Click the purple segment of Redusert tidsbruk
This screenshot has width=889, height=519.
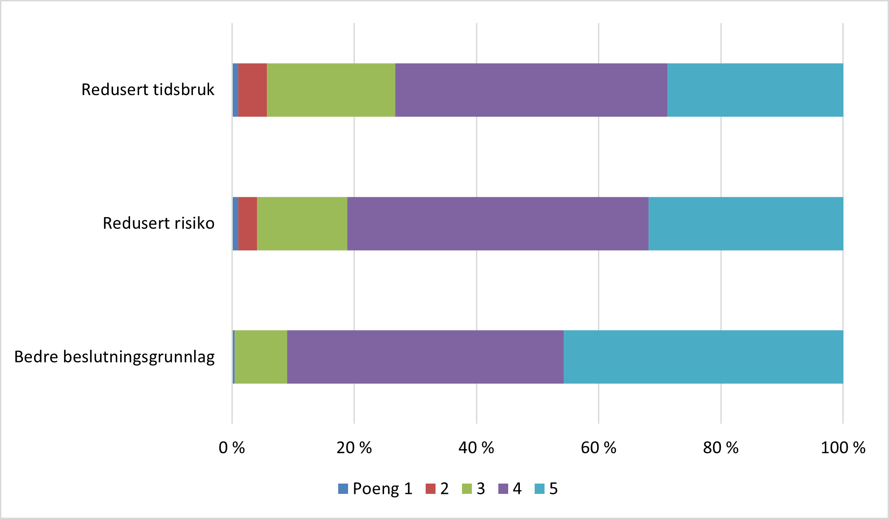tap(531, 90)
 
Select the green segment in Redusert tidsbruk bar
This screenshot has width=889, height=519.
tap(331, 90)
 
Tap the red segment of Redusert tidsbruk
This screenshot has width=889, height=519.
tap(253, 90)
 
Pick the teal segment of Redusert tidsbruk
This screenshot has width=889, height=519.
tap(755, 90)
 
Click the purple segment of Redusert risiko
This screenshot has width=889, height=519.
tap(497, 223)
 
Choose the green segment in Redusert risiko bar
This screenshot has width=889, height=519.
tap(302, 223)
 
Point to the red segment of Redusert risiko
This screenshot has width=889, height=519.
tap(248, 223)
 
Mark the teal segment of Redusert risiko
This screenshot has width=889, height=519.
tap(745, 223)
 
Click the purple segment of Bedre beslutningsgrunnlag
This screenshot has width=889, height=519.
tap(425, 357)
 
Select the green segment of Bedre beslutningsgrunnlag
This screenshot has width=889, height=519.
tap(261, 357)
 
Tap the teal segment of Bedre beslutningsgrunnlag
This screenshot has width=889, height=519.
tap(703, 357)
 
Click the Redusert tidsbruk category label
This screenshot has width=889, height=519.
tap(148, 90)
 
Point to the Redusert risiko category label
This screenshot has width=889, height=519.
tap(158, 223)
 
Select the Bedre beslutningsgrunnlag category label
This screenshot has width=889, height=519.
tap(114, 357)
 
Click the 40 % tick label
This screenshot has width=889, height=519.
tap(476, 448)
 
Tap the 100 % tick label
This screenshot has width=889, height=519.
tap(842, 448)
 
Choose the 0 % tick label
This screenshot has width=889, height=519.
tap(231, 448)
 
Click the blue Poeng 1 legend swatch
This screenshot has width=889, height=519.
tap(343, 488)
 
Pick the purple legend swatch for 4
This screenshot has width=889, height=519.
tap(503, 488)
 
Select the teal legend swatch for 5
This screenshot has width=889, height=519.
tap(540, 488)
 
